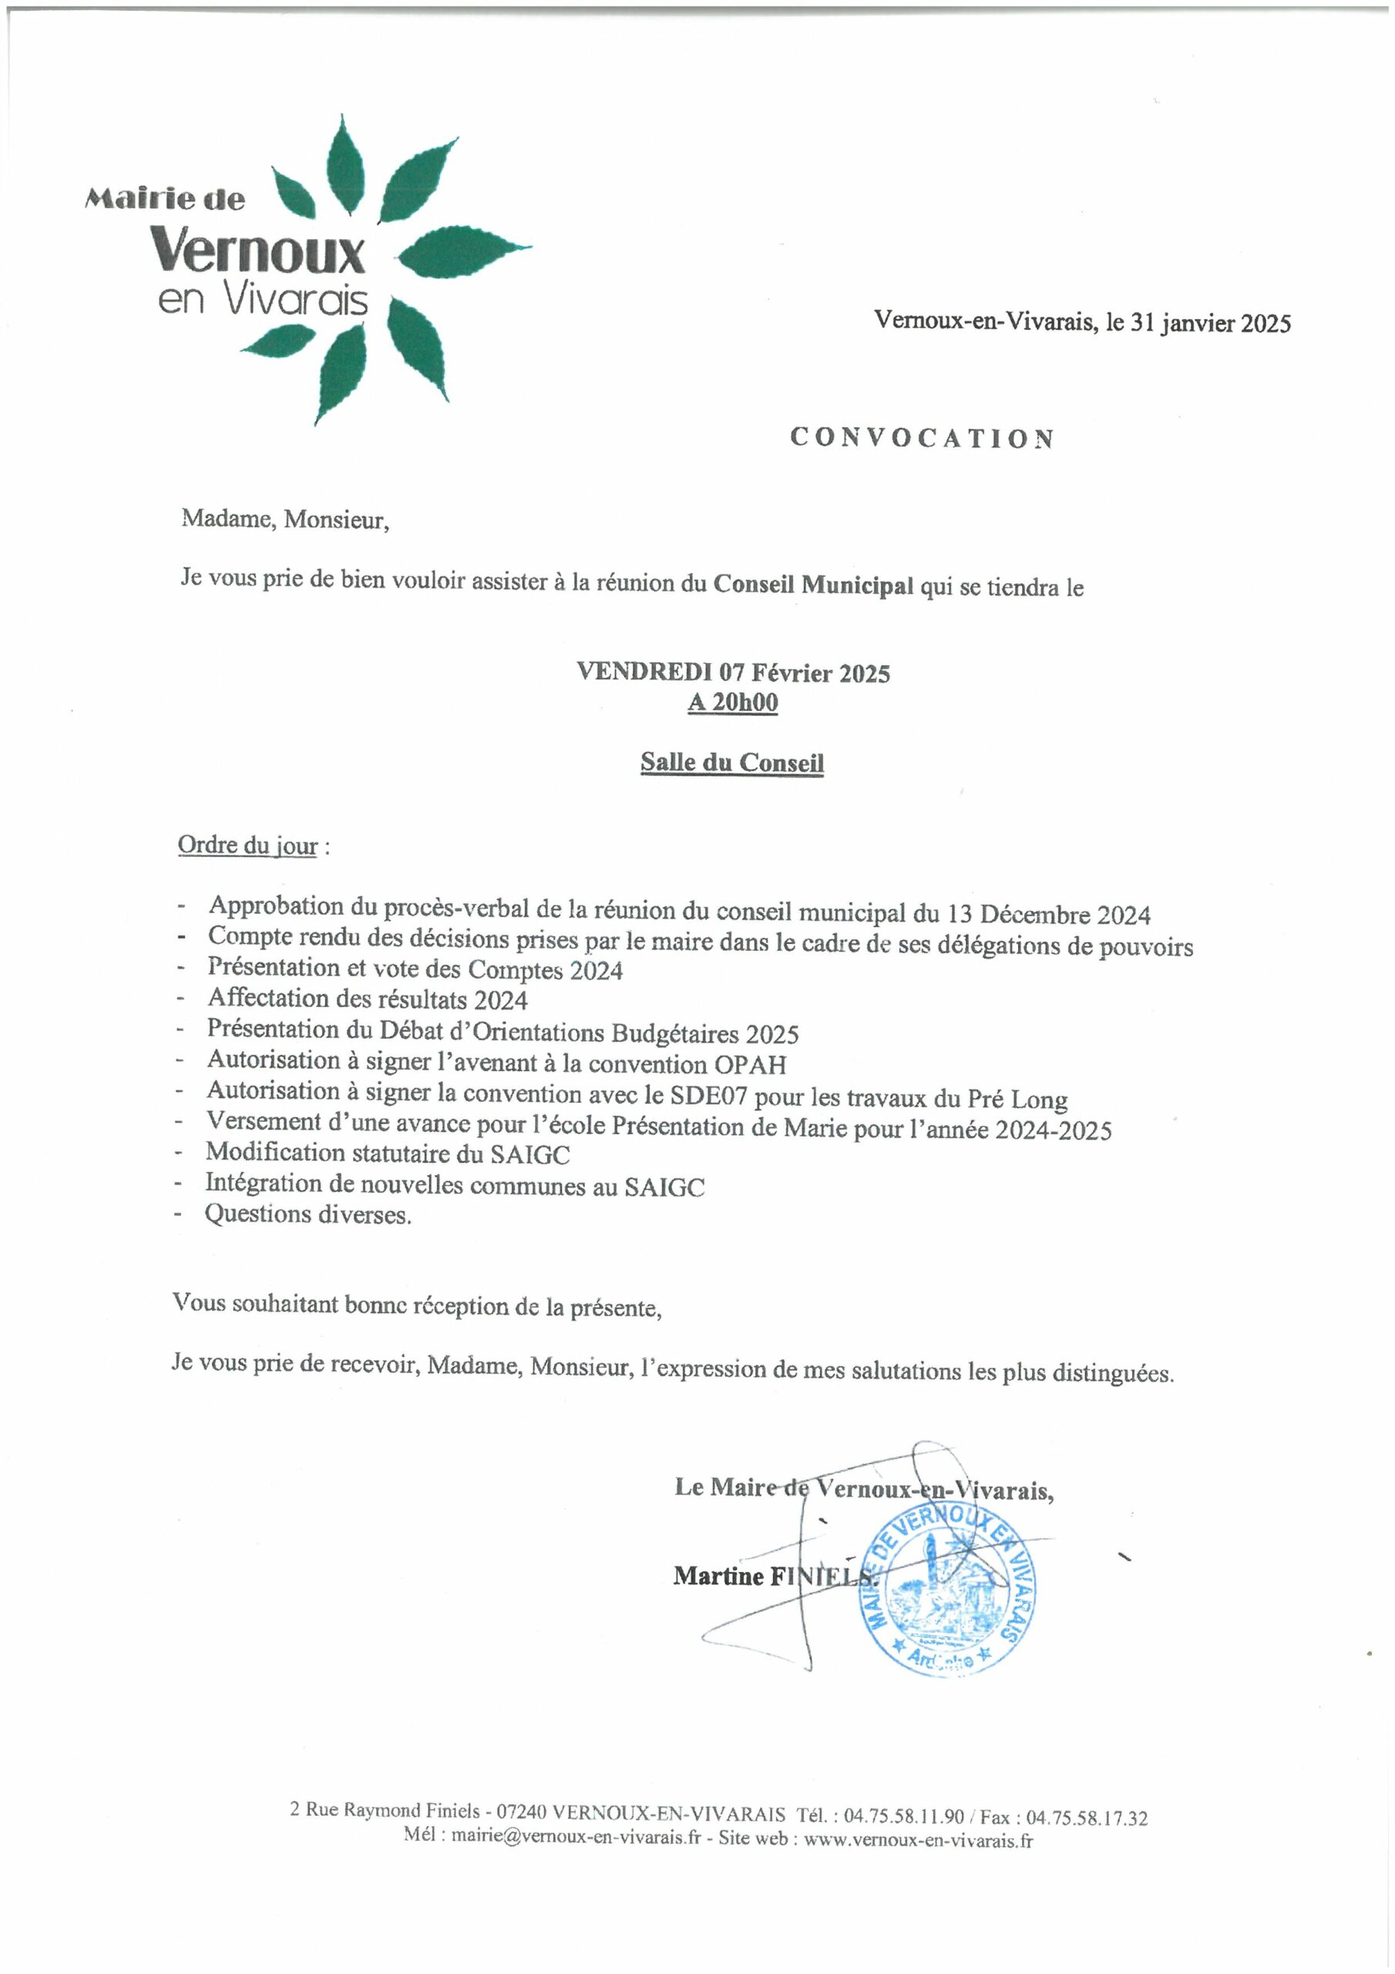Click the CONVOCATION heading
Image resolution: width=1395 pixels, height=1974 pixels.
(x=922, y=439)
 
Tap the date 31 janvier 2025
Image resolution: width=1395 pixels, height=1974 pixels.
(x=1210, y=323)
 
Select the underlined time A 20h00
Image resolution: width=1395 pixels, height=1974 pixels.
(x=732, y=702)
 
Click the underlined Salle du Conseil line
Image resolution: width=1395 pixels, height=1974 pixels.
(x=731, y=763)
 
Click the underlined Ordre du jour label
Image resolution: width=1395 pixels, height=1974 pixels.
(x=247, y=845)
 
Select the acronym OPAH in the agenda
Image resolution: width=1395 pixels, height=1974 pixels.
(x=749, y=1065)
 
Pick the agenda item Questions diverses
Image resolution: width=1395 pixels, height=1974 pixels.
(x=308, y=1214)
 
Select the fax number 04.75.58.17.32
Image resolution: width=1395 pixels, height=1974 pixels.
(x=1087, y=1817)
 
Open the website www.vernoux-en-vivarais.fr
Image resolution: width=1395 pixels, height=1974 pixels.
(x=918, y=1840)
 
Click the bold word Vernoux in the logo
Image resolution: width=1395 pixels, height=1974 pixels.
(x=259, y=252)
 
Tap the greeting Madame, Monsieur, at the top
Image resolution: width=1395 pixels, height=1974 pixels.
(x=284, y=519)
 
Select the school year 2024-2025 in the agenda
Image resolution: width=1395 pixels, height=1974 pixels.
(x=1053, y=1130)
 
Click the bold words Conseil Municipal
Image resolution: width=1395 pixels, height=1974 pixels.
(x=813, y=584)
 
